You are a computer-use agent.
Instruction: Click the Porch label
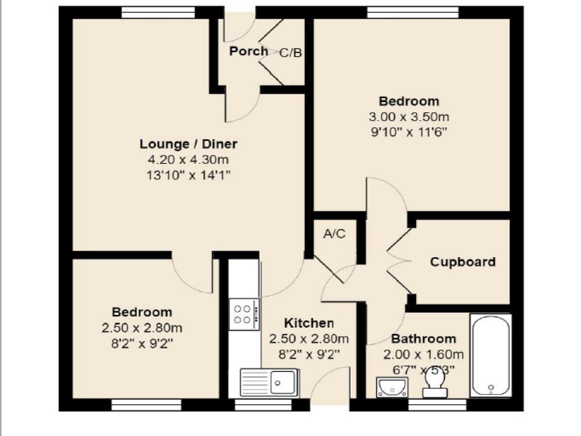point(248,51)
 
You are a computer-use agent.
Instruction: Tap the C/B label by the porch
point(290,53)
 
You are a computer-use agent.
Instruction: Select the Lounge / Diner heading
point(189,144)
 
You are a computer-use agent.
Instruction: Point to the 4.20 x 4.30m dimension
point(189,160)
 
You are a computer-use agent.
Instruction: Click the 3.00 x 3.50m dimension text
point(409,118)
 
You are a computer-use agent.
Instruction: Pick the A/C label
point(334,234)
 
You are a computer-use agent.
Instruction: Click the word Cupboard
point(463,262)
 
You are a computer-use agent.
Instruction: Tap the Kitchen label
point(309,324)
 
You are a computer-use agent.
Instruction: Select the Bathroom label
point(423,339)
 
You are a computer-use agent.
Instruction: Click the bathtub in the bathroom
point(490,356)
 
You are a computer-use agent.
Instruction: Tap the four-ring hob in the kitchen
point(243,315)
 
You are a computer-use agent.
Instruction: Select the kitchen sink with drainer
point(269,381)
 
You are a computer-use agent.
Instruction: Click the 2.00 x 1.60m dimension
point(423,355)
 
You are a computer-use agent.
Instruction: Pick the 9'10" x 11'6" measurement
point(409,133)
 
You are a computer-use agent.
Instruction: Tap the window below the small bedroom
point(146,404)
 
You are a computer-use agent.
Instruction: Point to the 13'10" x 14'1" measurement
point(189,175)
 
